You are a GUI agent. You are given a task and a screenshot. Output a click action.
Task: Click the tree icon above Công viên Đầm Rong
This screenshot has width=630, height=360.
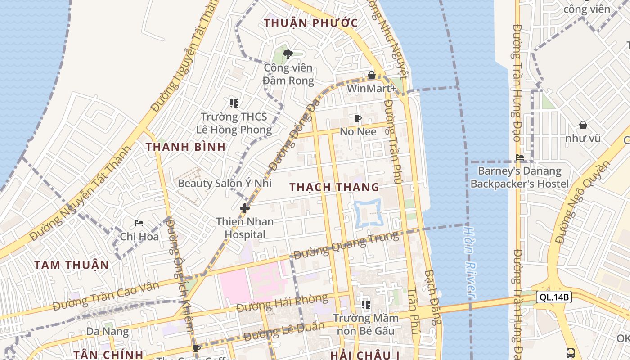(x=288, y=54)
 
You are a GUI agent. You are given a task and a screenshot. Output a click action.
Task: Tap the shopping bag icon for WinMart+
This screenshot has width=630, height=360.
(x=372, y=75)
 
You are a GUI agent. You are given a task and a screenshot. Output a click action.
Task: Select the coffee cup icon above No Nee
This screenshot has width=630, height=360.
(x=358, y=119)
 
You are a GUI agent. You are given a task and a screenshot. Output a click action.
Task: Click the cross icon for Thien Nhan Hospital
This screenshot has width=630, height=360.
(x=245, y=208)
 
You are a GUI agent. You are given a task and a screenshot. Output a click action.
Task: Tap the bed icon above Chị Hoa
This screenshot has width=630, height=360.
(x=139, y=223)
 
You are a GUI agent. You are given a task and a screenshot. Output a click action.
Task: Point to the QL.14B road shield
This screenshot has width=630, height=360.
(x=553, y=297)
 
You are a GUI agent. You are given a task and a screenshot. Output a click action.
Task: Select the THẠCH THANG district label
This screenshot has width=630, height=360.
(x=334, y=187)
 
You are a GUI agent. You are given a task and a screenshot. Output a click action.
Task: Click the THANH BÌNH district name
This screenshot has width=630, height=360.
(x=185, y=147)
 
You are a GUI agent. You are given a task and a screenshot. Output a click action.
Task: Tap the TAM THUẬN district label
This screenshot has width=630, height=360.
(x=72, y=265)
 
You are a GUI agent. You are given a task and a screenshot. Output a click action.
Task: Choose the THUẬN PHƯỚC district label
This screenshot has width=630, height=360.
(x=311, y=23)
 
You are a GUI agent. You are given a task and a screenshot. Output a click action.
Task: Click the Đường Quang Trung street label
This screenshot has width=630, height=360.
(x=346, y=245)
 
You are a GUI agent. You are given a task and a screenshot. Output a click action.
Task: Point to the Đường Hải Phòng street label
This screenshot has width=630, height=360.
(x=282, y=303)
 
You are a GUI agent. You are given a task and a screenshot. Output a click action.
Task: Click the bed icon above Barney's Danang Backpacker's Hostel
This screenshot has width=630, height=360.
(x=520, y=157)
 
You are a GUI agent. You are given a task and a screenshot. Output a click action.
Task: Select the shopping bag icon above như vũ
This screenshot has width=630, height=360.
(x=583, y=125)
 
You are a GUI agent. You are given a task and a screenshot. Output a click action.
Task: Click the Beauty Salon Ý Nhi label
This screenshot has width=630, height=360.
(x=225, y=183)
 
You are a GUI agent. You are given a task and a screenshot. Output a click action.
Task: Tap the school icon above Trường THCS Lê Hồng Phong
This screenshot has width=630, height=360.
(x=234, y=103)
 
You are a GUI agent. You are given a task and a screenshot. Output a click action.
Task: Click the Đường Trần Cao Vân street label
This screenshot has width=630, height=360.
(x=106, y=296)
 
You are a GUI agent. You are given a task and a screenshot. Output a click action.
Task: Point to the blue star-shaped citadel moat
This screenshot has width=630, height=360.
(x=369, y=213)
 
